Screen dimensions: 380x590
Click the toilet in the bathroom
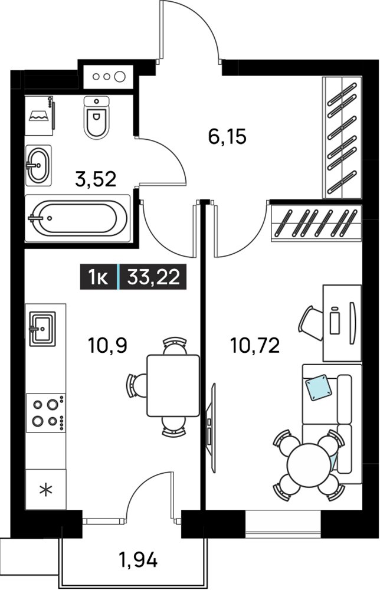96,117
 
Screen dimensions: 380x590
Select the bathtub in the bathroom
78,218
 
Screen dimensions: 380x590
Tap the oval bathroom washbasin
38,165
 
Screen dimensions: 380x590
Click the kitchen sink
42,329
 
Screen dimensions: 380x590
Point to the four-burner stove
46,412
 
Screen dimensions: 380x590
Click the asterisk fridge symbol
46,490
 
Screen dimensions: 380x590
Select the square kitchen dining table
173,385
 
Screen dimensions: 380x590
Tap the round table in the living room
309,466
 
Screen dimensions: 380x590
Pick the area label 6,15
227,136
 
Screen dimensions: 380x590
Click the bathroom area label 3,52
96,179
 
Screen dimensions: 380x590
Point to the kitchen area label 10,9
107,345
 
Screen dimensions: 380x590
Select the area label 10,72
255,345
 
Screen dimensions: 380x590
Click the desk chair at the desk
311,323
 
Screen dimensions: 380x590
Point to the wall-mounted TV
212,428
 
